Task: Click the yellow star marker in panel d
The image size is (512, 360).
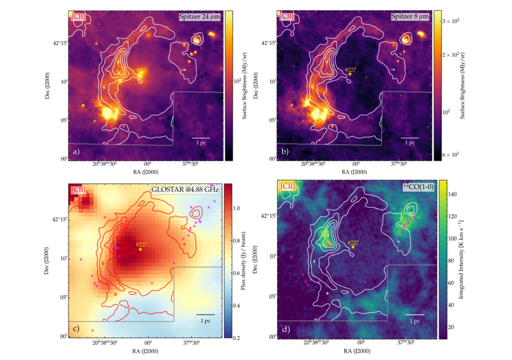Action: tap(353, 246)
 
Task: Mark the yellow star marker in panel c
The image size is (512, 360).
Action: tap(140, 249)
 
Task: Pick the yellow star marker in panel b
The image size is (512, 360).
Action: tap(350, 74)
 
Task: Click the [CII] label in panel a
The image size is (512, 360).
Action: tap(78, 16)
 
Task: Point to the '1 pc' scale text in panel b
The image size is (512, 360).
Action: tap(410, 142)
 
